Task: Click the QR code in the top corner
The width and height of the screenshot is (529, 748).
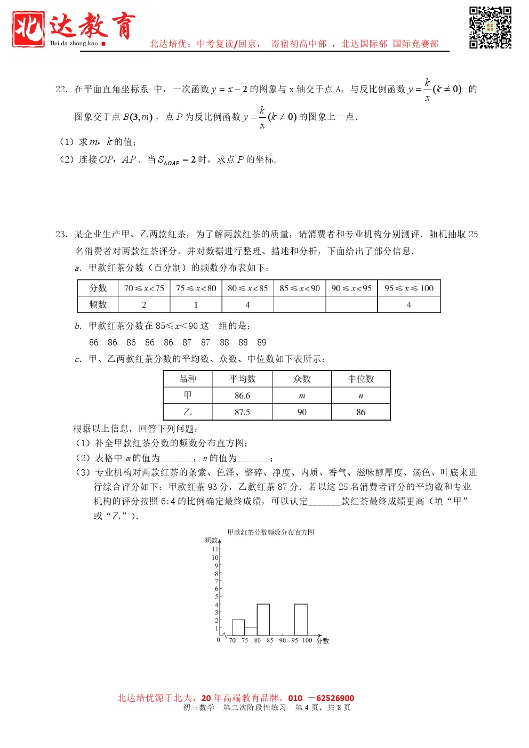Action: point(490,28)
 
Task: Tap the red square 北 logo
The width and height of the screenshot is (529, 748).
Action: point(28,29)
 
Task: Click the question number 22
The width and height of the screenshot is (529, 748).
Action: point(61,90)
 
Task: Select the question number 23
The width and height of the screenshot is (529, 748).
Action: point(61,234)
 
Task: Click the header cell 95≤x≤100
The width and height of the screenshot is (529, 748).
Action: point(409,288)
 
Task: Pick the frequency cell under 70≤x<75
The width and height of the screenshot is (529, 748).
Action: point(144,304)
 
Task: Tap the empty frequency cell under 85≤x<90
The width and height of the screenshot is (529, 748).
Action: point(300,304)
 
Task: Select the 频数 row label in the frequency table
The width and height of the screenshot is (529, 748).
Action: point(98,304)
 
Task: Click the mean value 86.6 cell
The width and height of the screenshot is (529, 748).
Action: point(242,396)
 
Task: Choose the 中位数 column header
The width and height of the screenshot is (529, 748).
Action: point(361,379)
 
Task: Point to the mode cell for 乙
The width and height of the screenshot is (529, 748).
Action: point(302,412)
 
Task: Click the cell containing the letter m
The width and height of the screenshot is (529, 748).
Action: point(302,396)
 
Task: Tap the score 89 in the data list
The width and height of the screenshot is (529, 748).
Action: point(262,342)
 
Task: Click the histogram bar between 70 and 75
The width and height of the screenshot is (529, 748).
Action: point(238,628)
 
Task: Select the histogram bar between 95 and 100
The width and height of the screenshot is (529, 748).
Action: point(301,620)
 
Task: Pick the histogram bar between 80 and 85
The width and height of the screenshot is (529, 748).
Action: point(263,620)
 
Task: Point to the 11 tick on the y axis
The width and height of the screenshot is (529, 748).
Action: point(215,549)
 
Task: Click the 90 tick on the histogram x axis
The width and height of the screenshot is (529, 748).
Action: point(282,641)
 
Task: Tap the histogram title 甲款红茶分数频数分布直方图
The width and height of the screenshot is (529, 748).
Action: point(271,532)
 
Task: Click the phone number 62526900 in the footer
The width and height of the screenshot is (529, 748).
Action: point(335,698)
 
